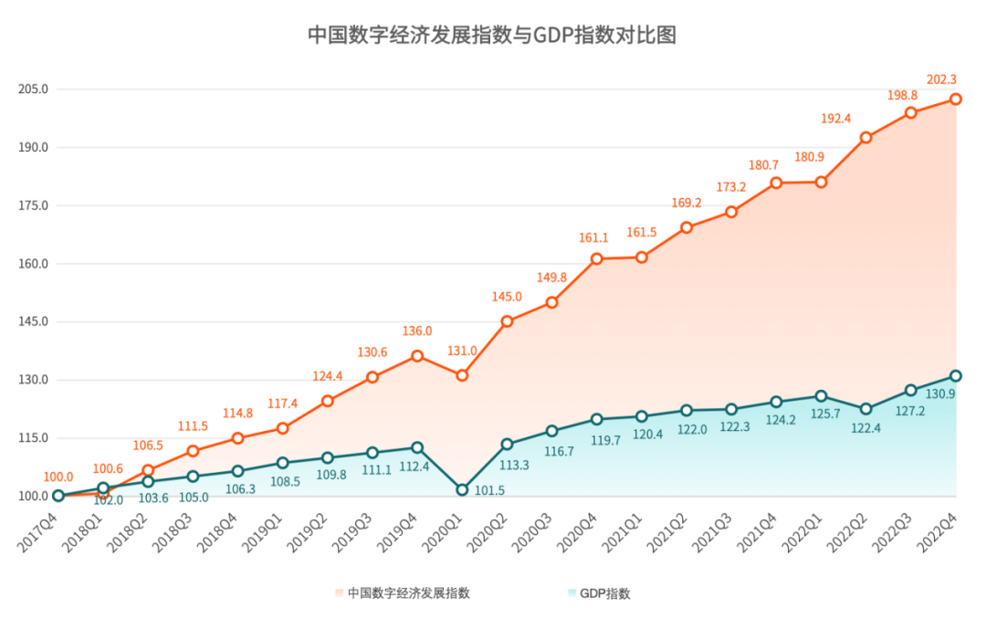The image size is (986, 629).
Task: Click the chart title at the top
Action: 492,36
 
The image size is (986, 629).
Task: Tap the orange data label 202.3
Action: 941,79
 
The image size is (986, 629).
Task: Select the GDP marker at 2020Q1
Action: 462,490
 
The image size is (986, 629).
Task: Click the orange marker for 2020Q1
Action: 462,375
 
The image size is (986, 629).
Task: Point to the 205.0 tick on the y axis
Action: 33,89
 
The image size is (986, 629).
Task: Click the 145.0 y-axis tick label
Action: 33,322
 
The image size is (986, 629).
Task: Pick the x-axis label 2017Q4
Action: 38,529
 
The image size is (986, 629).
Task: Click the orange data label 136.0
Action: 416,331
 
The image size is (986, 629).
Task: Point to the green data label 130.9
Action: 939,394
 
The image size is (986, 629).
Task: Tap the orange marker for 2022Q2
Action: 865,138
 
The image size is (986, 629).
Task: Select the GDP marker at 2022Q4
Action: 956,375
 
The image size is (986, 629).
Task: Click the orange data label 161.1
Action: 593,238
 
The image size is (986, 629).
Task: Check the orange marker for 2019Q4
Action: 417,356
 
